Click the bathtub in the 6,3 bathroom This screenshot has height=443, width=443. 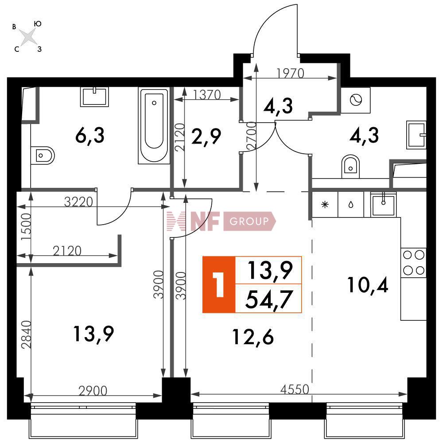[154, 125]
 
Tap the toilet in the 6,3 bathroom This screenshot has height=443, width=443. [43, 155]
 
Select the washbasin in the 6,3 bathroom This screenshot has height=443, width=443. [94, 97]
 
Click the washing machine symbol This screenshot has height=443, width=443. [355, 100]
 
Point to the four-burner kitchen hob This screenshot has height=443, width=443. [414, 263]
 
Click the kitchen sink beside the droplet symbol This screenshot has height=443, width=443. [383, 204]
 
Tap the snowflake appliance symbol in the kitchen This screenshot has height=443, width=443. [325, 205]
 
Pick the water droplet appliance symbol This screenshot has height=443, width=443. [351, 205]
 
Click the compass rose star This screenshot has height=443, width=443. [28, 37]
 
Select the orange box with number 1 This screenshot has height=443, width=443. [219, 284]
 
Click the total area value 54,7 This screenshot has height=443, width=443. [268, 299]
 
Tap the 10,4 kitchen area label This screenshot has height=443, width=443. [368, 285]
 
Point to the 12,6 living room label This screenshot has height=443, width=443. [253, 337]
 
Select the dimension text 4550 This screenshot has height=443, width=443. [295, 389]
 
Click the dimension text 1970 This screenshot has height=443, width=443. [290, 73]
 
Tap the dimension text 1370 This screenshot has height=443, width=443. [207, 95]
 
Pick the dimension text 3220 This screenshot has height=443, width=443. [78, 202]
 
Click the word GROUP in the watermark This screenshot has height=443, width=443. [249, 221]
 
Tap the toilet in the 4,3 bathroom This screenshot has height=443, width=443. [350, 166]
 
